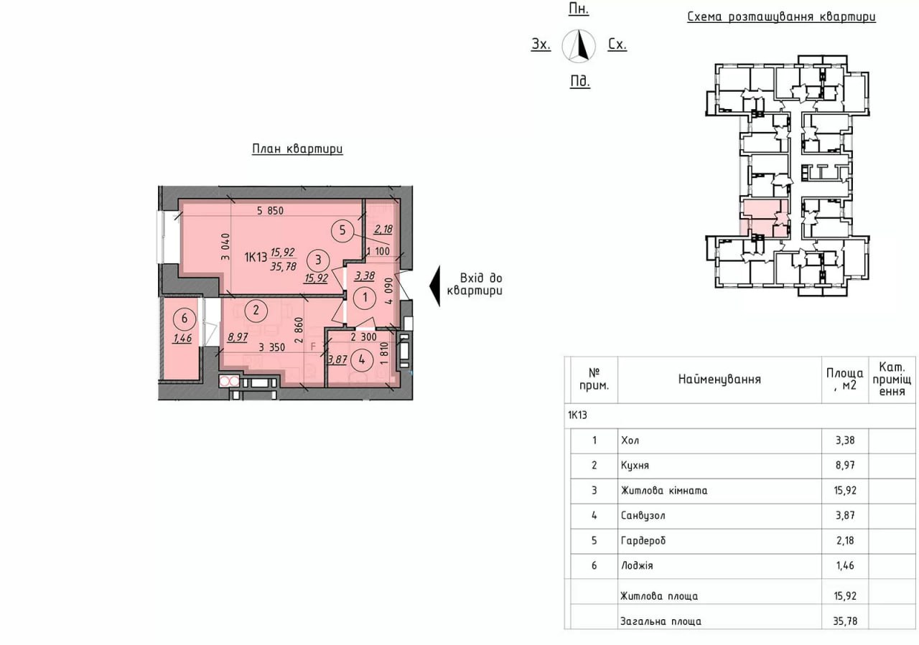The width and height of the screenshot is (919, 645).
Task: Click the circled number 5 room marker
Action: tap(342, 230)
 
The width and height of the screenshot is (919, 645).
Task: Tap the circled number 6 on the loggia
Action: tap(185, 318)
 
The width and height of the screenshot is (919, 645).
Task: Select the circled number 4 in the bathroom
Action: tap(361, 359)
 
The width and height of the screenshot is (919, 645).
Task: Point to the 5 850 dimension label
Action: tap(270, 211)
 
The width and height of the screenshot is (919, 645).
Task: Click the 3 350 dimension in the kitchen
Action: tap(271, 347)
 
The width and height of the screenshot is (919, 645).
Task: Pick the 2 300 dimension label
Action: tap(363, 337)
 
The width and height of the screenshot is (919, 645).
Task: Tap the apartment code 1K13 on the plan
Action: tap(256, 257)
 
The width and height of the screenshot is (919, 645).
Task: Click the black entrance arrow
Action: tap(435, 286)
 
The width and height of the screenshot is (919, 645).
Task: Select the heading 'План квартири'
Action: tap(297, 149)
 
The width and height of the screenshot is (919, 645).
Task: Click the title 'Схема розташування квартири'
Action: tap(782, 17)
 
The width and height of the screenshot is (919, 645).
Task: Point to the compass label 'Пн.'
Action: tap(579, 9)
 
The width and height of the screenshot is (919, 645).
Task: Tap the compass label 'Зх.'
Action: tap(541, 44)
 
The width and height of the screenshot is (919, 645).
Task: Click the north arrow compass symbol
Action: tap(579, 46)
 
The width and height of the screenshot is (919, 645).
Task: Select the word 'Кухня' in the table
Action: tap(635, 466)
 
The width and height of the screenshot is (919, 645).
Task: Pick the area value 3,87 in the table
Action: tap(845, 515)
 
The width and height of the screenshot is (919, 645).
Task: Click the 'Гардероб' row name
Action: tap(643, 540)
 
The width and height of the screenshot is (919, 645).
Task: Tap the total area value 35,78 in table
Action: tap(845, 621)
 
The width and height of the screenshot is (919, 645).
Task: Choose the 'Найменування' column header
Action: tap(719, 379)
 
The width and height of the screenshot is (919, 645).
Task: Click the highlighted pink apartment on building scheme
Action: tap(765, 218)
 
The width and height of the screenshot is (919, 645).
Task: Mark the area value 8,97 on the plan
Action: tap(238, 337)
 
